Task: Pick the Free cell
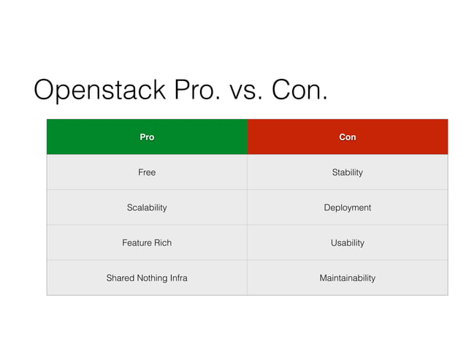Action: (147, 172)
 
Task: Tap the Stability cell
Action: (347, 172)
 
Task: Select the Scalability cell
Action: (147, 207)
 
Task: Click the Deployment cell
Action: (347, 207)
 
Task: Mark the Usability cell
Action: (347, 242)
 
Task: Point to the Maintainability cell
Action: (347, 277)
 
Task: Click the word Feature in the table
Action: (137, 242)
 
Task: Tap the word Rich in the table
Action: (163, 242)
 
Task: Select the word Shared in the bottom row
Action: (121, 277)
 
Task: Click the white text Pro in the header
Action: (147, 137)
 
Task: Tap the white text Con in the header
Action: (348, 137)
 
